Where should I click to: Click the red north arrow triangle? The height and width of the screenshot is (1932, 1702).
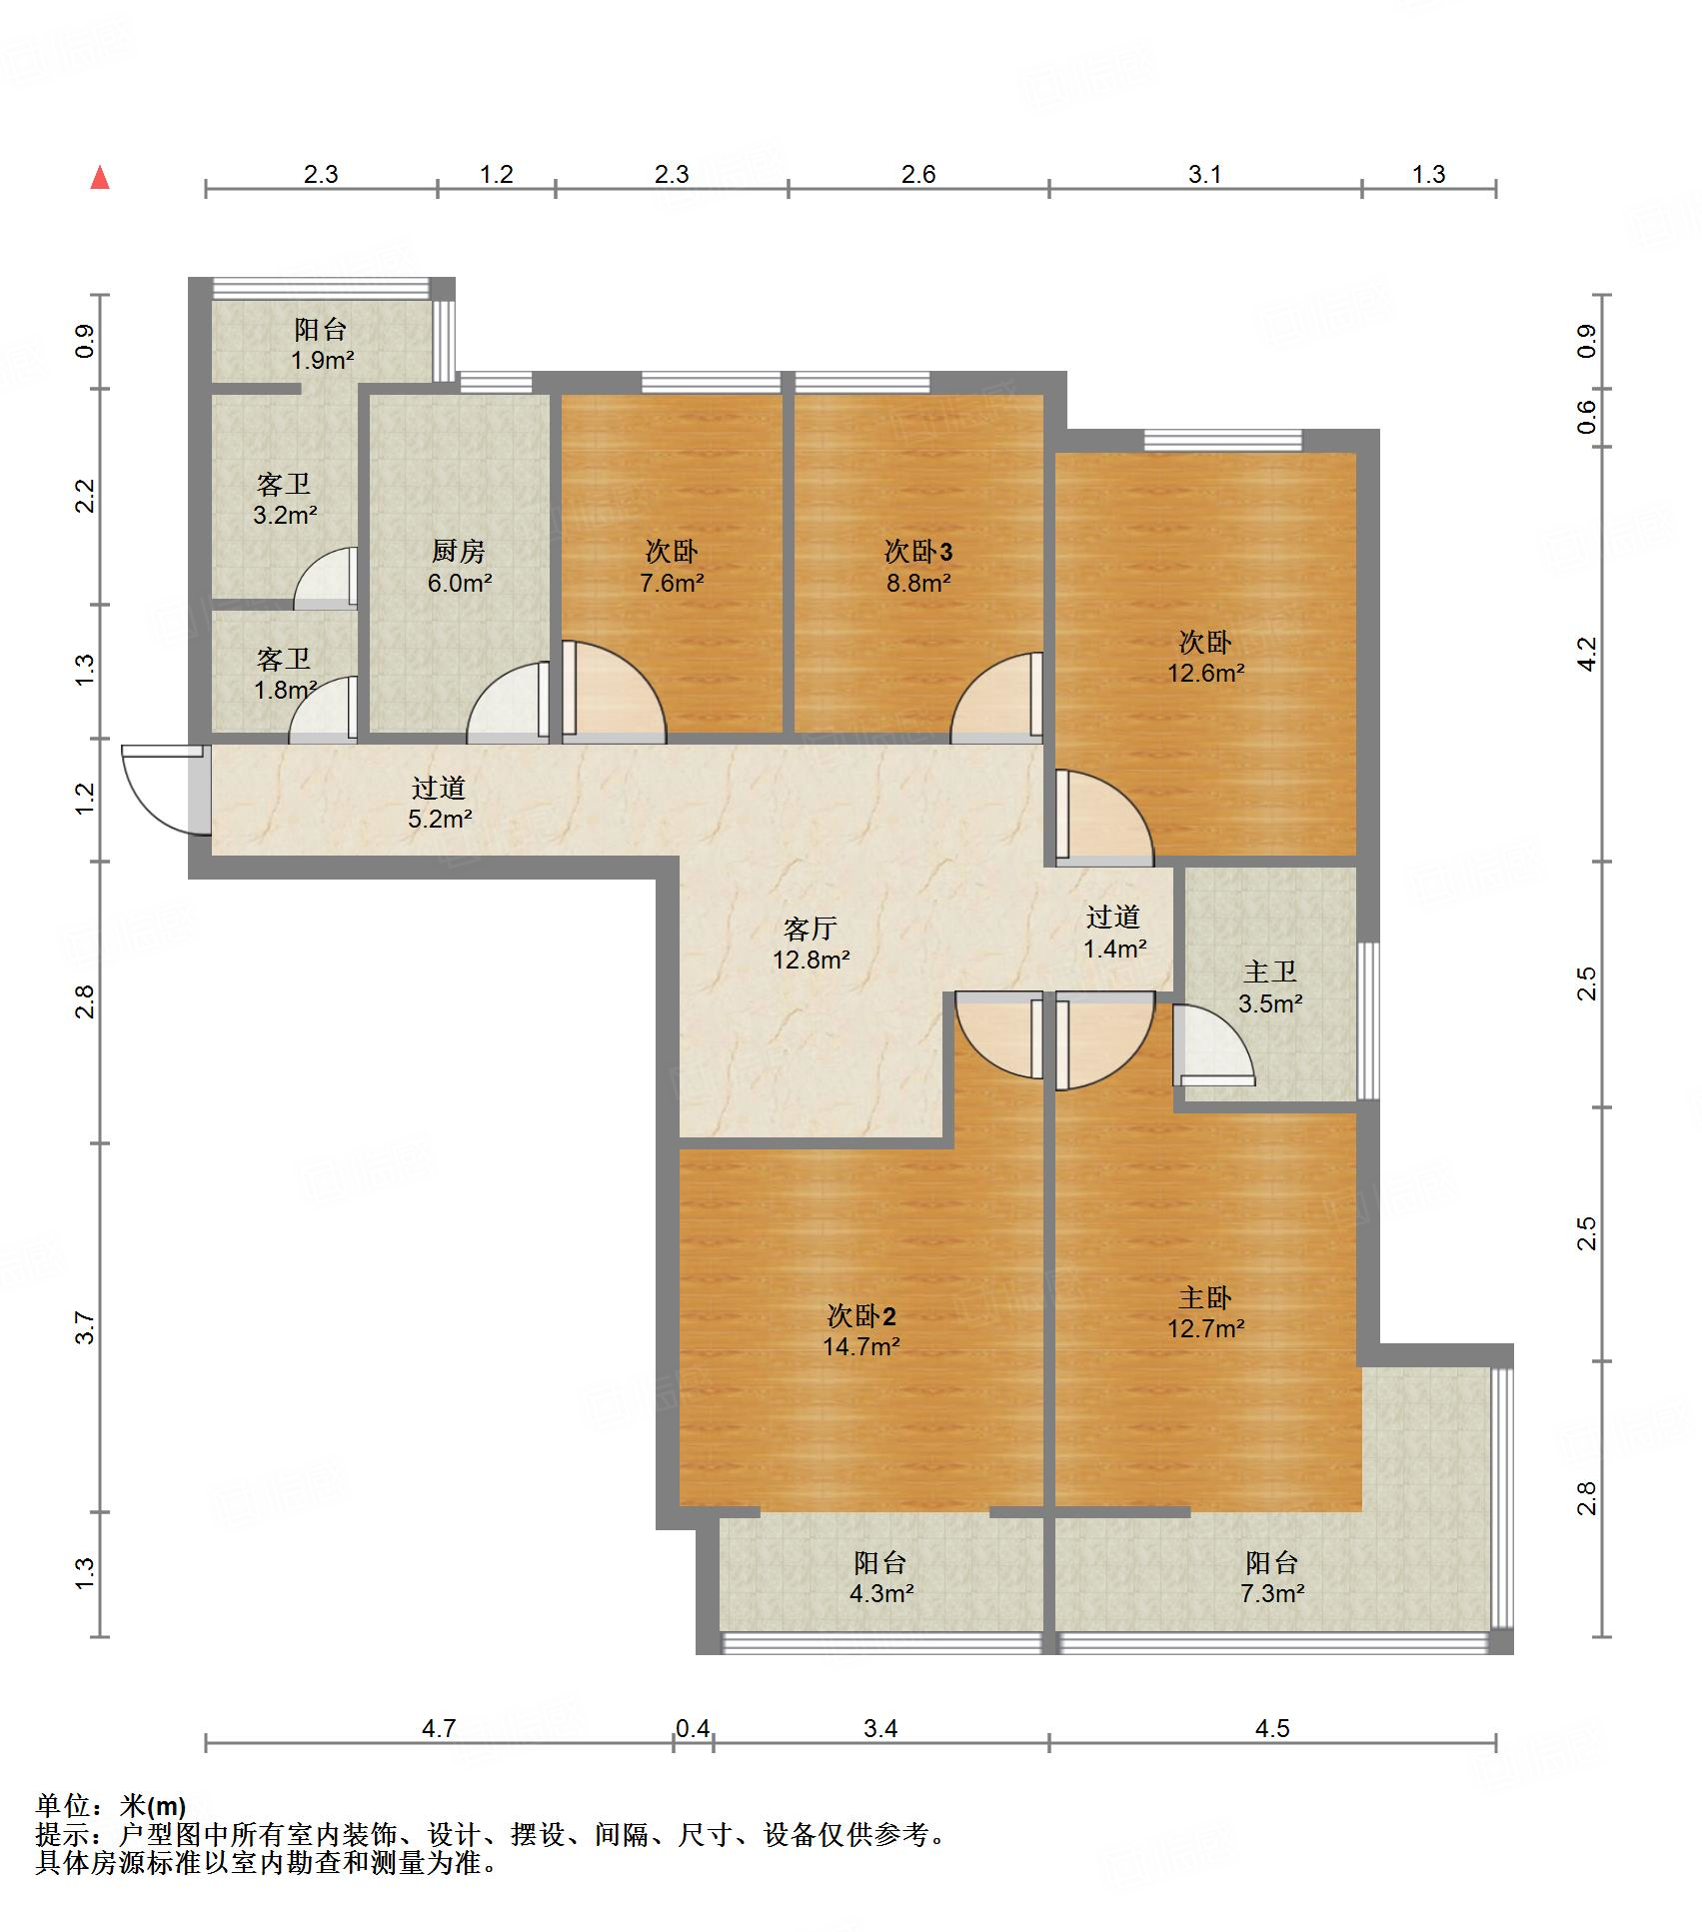pos(100,178)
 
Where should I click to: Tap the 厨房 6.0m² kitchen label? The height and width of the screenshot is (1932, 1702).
pos(459,566)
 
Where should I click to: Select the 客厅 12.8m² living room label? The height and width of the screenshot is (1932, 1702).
pos(811,944)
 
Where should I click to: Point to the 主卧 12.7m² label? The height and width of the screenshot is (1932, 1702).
pos(1205,1312)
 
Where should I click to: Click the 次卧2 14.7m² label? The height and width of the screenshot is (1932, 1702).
pos(860,1330)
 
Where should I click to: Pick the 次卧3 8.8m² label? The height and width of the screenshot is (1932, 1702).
pos(917,566)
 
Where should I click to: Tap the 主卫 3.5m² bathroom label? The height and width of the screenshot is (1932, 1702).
pos(1269,986)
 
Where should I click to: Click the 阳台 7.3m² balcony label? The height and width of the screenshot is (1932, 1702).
pos(1271,1577)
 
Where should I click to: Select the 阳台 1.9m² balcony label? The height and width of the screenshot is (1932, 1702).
pos(321,345)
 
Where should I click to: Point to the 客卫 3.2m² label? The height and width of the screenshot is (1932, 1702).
pos(285,500)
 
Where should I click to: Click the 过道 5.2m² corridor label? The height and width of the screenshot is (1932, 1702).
pos(439,803)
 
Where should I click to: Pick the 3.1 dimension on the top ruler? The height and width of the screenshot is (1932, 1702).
pos(1204,175)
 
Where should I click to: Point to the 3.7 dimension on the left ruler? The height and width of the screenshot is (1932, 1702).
pos(85,1327)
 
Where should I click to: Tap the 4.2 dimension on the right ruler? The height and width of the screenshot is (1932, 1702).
pos(1587,654)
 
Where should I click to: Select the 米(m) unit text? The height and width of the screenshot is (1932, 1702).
pos(153,1806)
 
